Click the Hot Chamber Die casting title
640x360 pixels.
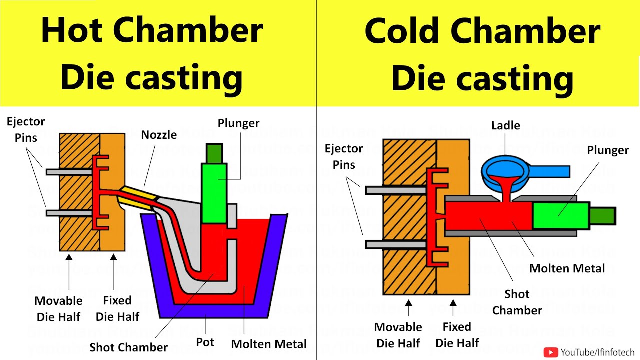[x=152, y=54]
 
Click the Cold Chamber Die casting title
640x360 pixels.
[x=482, y=54]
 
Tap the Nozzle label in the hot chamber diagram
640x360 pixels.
[x=159, y=135]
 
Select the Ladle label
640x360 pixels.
[x=505, y=125]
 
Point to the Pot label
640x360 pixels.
[x=205, y=342]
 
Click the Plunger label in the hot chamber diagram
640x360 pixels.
[x=238, y=123]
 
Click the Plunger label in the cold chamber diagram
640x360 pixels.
[x=607, y=150]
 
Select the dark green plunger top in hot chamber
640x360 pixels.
[x=214, y=152]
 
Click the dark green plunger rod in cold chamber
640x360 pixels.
[x=602, y=216]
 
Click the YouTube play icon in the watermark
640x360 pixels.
[x=551, y=352]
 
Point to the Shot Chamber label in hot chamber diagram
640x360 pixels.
[x=128, y=347]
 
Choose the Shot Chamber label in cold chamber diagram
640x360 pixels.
[x=517, y=302]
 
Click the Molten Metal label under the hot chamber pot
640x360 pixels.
[x=269, y=344]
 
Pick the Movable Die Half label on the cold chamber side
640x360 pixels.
[x=398, y=335]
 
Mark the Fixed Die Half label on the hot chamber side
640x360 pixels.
[x=117, y=308]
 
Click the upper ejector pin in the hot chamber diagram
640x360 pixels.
[x=70, y=172]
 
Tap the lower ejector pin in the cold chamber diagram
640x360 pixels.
[x=397, y=244]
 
